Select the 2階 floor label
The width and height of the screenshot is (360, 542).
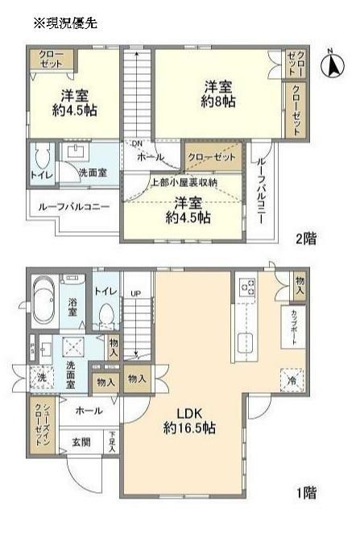tap(305, 238)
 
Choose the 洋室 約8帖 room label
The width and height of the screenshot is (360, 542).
tap(218, 93)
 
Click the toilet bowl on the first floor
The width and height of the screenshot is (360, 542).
tap(104, 314)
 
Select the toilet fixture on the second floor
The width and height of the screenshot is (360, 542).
tap(43, 155)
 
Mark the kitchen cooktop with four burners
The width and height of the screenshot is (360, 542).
tap(247, 287)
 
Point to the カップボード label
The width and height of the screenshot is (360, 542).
tap(293, 326)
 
